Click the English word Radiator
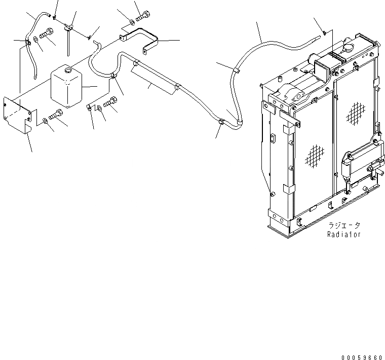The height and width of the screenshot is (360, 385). pyautogui.click(x=344, y=235)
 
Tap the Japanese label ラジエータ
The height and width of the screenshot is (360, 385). pyautogui.click(x=343, y=226)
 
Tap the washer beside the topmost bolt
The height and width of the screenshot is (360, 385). pyautogui.click(x=131, y=22)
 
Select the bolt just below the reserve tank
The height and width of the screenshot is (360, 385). pyautogui.click(x=59, y=115)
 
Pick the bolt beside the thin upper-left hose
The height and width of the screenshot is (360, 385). pyautogui.click(x=46, y=35)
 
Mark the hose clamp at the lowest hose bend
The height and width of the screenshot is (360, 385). pyautogui.click(x=221, y=123)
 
